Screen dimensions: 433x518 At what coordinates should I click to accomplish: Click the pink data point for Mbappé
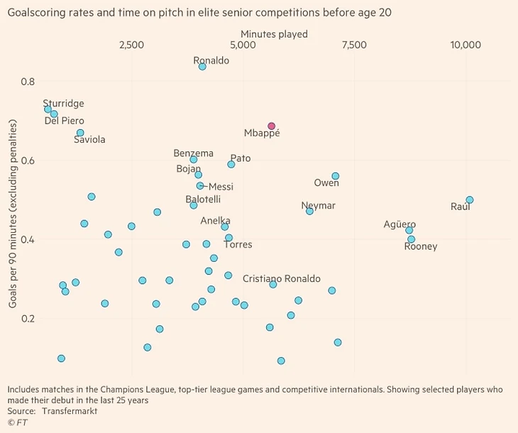pos(271,126)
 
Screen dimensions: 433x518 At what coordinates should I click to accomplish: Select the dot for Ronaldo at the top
pos(202,67)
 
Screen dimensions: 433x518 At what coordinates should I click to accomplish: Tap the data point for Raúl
pos(469,200)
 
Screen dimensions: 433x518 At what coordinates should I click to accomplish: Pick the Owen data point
pos(336,176)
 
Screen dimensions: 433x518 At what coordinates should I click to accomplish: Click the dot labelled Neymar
pos(309,211)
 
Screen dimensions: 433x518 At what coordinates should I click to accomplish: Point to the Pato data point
pos(231,164)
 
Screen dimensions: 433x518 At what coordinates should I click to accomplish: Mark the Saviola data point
pos(80,133)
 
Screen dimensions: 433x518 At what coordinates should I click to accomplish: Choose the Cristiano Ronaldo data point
pos(273,284)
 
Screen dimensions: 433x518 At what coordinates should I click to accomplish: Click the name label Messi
pos(221,187)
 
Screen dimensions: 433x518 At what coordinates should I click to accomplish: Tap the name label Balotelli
pos(203,199)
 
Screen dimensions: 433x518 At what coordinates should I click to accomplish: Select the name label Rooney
pos(421,246)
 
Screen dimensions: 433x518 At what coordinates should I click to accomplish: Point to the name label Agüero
pos(399,224)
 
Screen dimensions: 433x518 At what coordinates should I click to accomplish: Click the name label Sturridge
pos(63,104)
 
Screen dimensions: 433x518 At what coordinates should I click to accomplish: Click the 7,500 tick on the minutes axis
pos(354,45)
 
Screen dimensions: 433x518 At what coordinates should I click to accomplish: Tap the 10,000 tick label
pos(465,45)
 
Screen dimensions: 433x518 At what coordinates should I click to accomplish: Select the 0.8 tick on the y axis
pos(28,82)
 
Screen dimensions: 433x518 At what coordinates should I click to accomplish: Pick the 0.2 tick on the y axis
pos(28,319)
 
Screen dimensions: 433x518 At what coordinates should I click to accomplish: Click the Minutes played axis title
pos(274,34)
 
